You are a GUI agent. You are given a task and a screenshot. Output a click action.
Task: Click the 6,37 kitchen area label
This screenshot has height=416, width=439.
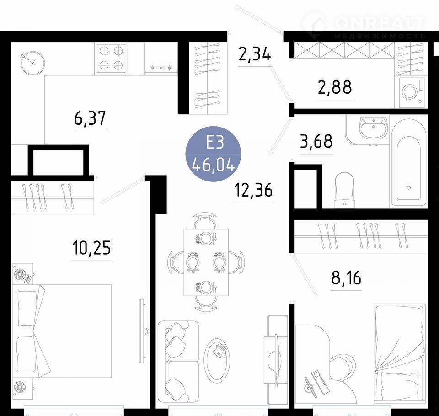tap(90, 118)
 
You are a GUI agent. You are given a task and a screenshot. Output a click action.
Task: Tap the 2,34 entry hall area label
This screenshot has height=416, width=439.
tap(255, 54)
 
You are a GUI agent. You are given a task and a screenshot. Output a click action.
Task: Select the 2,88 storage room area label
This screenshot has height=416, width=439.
tap(335, 87)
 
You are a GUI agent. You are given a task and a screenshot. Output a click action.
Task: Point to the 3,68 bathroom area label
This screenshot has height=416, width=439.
tap(316, 141)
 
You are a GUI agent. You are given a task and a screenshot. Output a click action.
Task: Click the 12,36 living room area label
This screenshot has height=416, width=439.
tap(253, 190)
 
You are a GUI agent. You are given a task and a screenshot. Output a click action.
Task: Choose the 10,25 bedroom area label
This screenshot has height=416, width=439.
tap(91, 248)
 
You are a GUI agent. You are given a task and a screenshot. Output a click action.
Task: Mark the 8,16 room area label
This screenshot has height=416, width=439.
tap(346, 277)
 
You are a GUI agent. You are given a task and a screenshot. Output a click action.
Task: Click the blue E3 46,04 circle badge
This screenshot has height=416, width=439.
tap(214, 154)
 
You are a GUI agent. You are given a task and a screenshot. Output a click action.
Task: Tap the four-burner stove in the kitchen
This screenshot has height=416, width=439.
tap(111, 58)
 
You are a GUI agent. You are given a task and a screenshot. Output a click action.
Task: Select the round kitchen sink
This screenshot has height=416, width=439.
tap(33, 63)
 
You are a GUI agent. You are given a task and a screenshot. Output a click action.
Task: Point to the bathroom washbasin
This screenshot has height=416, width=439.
tap(373, 128)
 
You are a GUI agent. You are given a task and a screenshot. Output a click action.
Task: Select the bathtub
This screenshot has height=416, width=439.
tap(409, 164)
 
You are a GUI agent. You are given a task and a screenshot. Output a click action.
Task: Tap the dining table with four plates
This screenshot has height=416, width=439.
tap(206, 262)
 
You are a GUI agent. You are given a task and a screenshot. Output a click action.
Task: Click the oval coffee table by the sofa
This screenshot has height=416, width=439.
tap(217, 359)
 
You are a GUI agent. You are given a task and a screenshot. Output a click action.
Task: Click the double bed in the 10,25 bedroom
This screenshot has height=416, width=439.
tap(62, 331)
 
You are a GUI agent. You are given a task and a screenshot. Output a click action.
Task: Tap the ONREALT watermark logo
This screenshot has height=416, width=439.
tap(364, 25)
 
